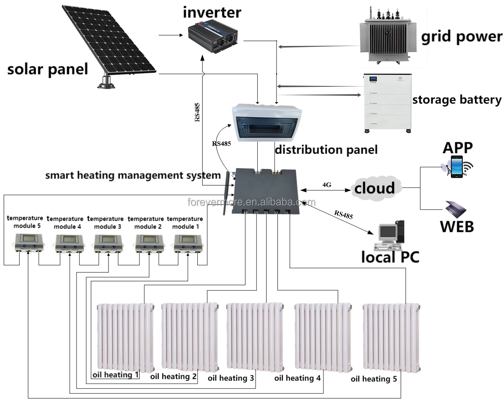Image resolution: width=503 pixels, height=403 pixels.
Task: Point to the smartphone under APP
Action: pos(456,167)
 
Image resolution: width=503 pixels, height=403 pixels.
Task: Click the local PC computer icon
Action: pos(389,235)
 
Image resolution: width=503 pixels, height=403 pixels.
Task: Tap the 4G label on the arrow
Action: pos(327,185)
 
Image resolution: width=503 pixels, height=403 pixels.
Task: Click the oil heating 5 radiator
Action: pos(390,337)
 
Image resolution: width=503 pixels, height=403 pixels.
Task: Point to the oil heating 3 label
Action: pos(231,378)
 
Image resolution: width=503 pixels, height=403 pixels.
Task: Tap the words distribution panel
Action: pos(326,150)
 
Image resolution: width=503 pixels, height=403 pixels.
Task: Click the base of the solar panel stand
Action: pos(108,84)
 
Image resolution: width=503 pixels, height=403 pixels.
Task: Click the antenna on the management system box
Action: pos(226,193)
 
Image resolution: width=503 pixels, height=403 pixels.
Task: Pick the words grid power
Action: pos(461,37)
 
